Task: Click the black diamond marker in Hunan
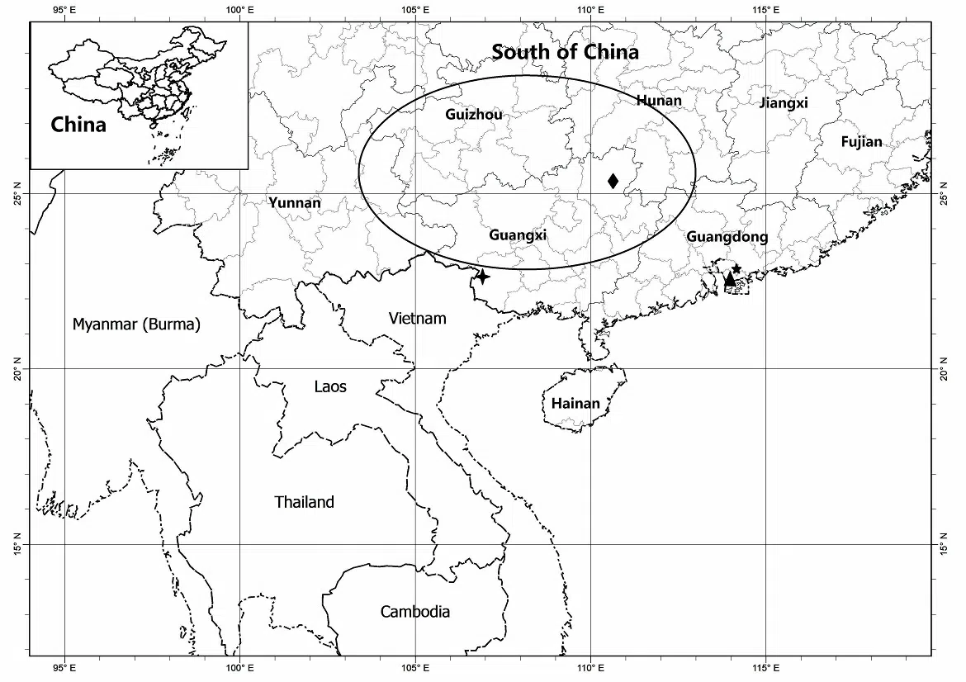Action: pyautogui.click(x=613, y=181)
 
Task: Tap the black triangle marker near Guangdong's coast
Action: pyautogui.click(x=729, y=280)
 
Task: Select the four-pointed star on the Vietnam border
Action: pyautogui.click(x=482, y=277)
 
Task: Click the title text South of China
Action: pyautogui.click(x=565, y=52)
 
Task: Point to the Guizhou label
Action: pyautogui.click(x=473, y=115)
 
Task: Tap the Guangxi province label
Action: pyautogui.click(x=518, y=235)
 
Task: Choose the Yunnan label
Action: pyautogui.click(x=295, y=202)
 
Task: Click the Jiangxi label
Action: pyautogui.click(x=783, y=103)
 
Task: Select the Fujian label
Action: pyautogui.click(x=861, y=142)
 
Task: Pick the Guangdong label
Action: pyautogui.click(x=727, y=237)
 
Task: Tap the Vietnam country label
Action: pyautogui.click(x=417, y=319)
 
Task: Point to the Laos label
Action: pyautogui.click(x=330, y=386)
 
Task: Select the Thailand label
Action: pyautogui.click(x=304, y=502)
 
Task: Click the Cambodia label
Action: pyautogui.click(x=415, y=612)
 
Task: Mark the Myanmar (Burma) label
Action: pyautogui.click(x=136, y=324)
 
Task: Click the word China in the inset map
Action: pyautogui.click(x=78, y=125)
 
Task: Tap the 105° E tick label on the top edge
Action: pyautogui.click(x=414, y=10)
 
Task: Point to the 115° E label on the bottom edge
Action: pyautogui.click(x=765, y=667)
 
